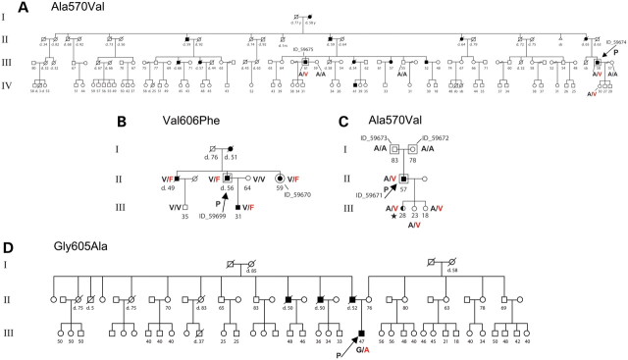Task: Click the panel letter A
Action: [x=9, y=8]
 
